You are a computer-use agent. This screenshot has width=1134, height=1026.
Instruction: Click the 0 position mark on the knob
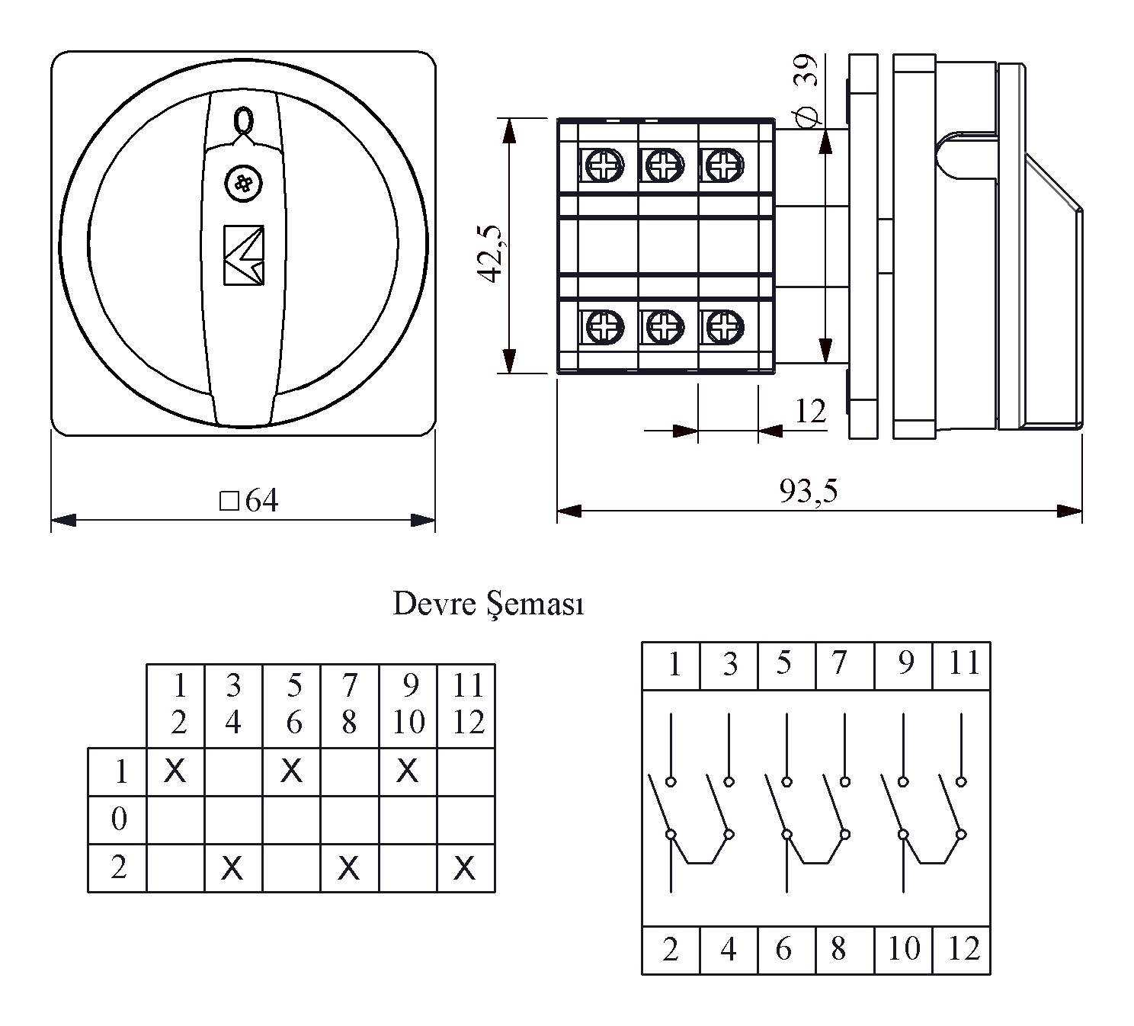tap(242, 120)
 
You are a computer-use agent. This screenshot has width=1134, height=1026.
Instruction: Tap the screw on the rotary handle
tap(243, 184)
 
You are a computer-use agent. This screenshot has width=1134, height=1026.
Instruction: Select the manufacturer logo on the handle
tap(244, 255)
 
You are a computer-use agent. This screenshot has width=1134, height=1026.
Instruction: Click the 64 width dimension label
tap(250, 501)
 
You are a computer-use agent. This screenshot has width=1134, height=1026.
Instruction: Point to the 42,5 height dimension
tap(492, 254)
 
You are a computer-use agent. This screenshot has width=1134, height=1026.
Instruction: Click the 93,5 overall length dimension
tap(808, 491)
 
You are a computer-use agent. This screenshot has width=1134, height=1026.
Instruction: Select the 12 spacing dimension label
tap(810, 412)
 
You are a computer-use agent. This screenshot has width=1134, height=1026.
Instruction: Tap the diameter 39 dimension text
tap(806, 90)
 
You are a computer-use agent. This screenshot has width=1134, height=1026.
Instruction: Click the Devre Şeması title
tap(488, 604)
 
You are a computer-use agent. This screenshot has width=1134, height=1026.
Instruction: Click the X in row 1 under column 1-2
tap(175, 771)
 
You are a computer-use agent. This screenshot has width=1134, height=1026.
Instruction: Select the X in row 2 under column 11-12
tap(465, 867)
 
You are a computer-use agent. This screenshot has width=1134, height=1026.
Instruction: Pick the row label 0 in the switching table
tap(119, 819)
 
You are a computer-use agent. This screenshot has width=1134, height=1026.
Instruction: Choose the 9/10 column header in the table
tap(408, 704)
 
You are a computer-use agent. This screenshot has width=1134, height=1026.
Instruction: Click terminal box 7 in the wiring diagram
tap(839, 664)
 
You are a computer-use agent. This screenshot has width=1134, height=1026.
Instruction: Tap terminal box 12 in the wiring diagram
tap(963, 949)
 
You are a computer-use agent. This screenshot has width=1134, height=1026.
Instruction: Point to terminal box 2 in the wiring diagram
tap(671, 949)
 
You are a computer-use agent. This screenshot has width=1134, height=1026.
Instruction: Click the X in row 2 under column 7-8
tap(349, 867)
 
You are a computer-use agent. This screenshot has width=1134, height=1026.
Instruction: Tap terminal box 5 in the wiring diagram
tap(784, 664)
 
